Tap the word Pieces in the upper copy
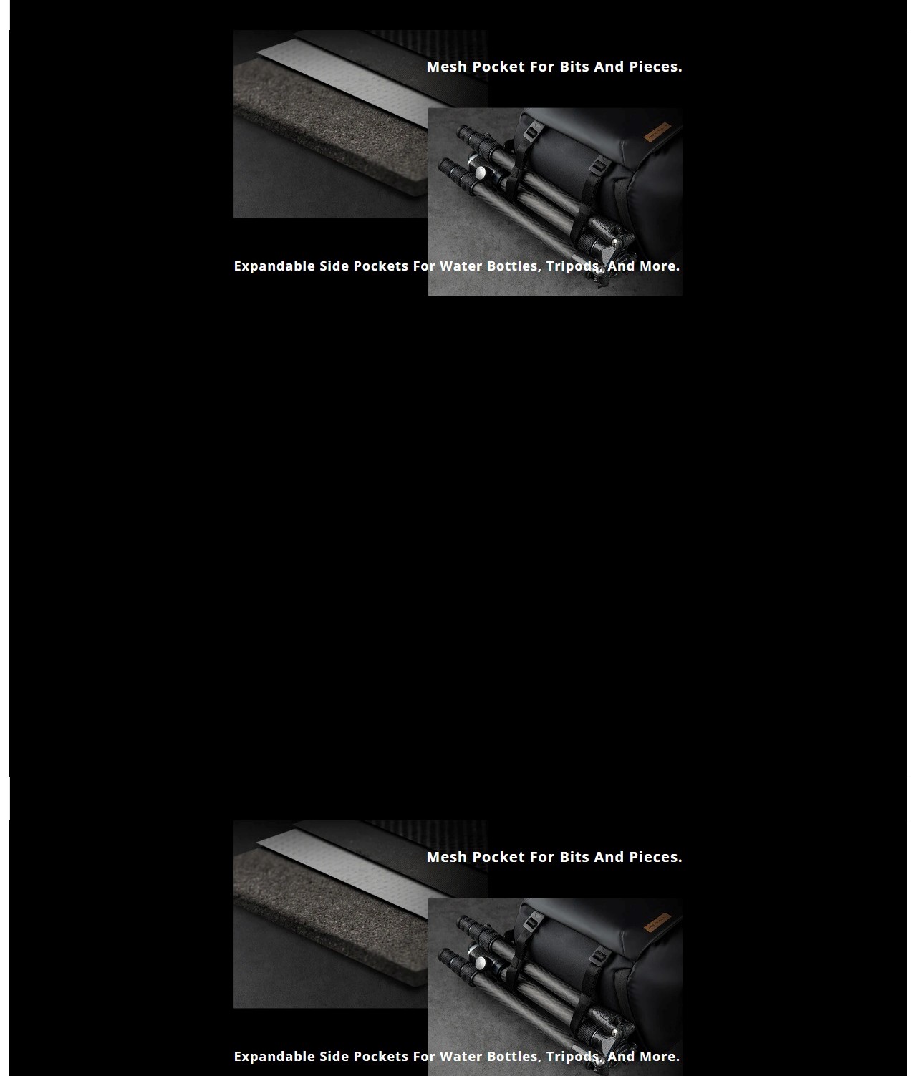(654, 67)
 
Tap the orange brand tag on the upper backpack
(657, 132)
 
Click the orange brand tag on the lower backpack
(657, 922)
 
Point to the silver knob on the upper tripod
(480, 172)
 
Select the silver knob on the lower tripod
(480, 962)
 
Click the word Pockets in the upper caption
(381, 266)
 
